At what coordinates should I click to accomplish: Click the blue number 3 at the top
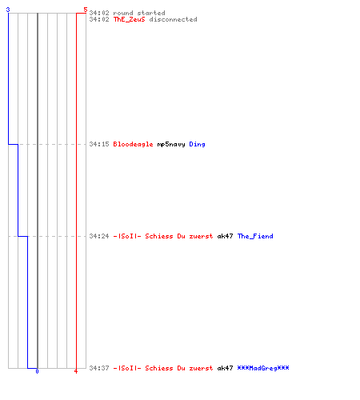[x=8, y=10]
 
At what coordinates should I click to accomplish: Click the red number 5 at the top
[x=85, y=10]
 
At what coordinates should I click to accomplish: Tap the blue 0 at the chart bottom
[x=37, y=371]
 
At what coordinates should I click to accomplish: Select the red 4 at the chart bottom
[x=76, y=371]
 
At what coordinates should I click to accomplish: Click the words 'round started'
[x=139, y=13]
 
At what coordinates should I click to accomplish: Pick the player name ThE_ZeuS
[x=130, y=19]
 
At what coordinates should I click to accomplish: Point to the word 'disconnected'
[x=173, y=19]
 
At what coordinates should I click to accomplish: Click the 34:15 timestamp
[x=99, y=144]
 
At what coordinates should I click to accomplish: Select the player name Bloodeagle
[x=133, y=144]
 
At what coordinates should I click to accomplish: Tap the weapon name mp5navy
[x=171, y=144]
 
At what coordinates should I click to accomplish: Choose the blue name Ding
[x=197, y=144]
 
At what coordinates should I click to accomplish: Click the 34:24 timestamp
[x=99, y=236]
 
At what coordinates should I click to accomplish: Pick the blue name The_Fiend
[x=255, y=236]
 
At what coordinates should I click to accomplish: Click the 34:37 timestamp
[x=99, y=368]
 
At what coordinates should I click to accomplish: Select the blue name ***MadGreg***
[x=263, y=368]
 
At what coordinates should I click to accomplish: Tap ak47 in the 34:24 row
[x=225, y=236]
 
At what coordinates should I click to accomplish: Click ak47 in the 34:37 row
[x=225, y=368]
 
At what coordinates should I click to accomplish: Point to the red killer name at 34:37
[x=163, y=368]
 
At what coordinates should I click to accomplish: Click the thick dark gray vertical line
[x=38, y=190]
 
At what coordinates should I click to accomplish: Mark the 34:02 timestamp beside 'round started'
[x=99, y=13]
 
